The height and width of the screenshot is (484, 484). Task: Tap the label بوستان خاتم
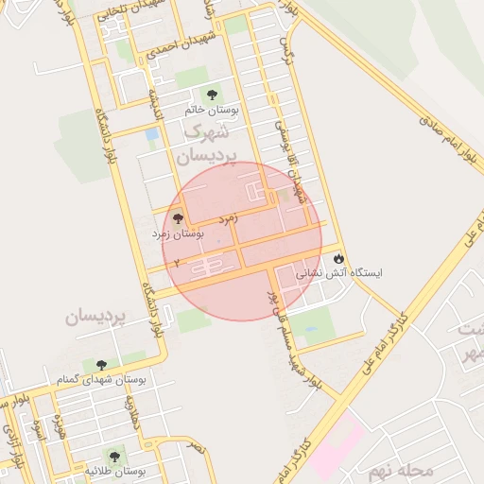213,111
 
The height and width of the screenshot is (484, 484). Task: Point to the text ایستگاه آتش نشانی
341,273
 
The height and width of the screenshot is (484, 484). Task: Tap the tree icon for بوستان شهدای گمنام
101,365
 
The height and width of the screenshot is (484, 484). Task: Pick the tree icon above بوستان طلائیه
116,455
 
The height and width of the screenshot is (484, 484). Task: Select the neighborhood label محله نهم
401,470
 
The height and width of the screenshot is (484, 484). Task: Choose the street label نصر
194,443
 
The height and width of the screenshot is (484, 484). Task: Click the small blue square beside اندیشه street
152,135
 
